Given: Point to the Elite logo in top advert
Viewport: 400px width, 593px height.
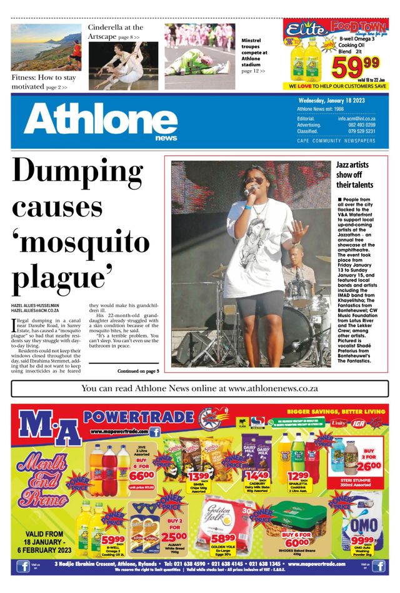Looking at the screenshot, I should click(307, 29).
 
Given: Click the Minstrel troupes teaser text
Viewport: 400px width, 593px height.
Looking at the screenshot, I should click(254, 55).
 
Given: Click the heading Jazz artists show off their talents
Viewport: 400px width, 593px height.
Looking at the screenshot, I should click(354, 175).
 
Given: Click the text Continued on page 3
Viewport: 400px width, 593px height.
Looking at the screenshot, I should click(138, 371).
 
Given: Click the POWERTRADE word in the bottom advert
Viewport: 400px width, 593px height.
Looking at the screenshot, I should click(139, 417).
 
